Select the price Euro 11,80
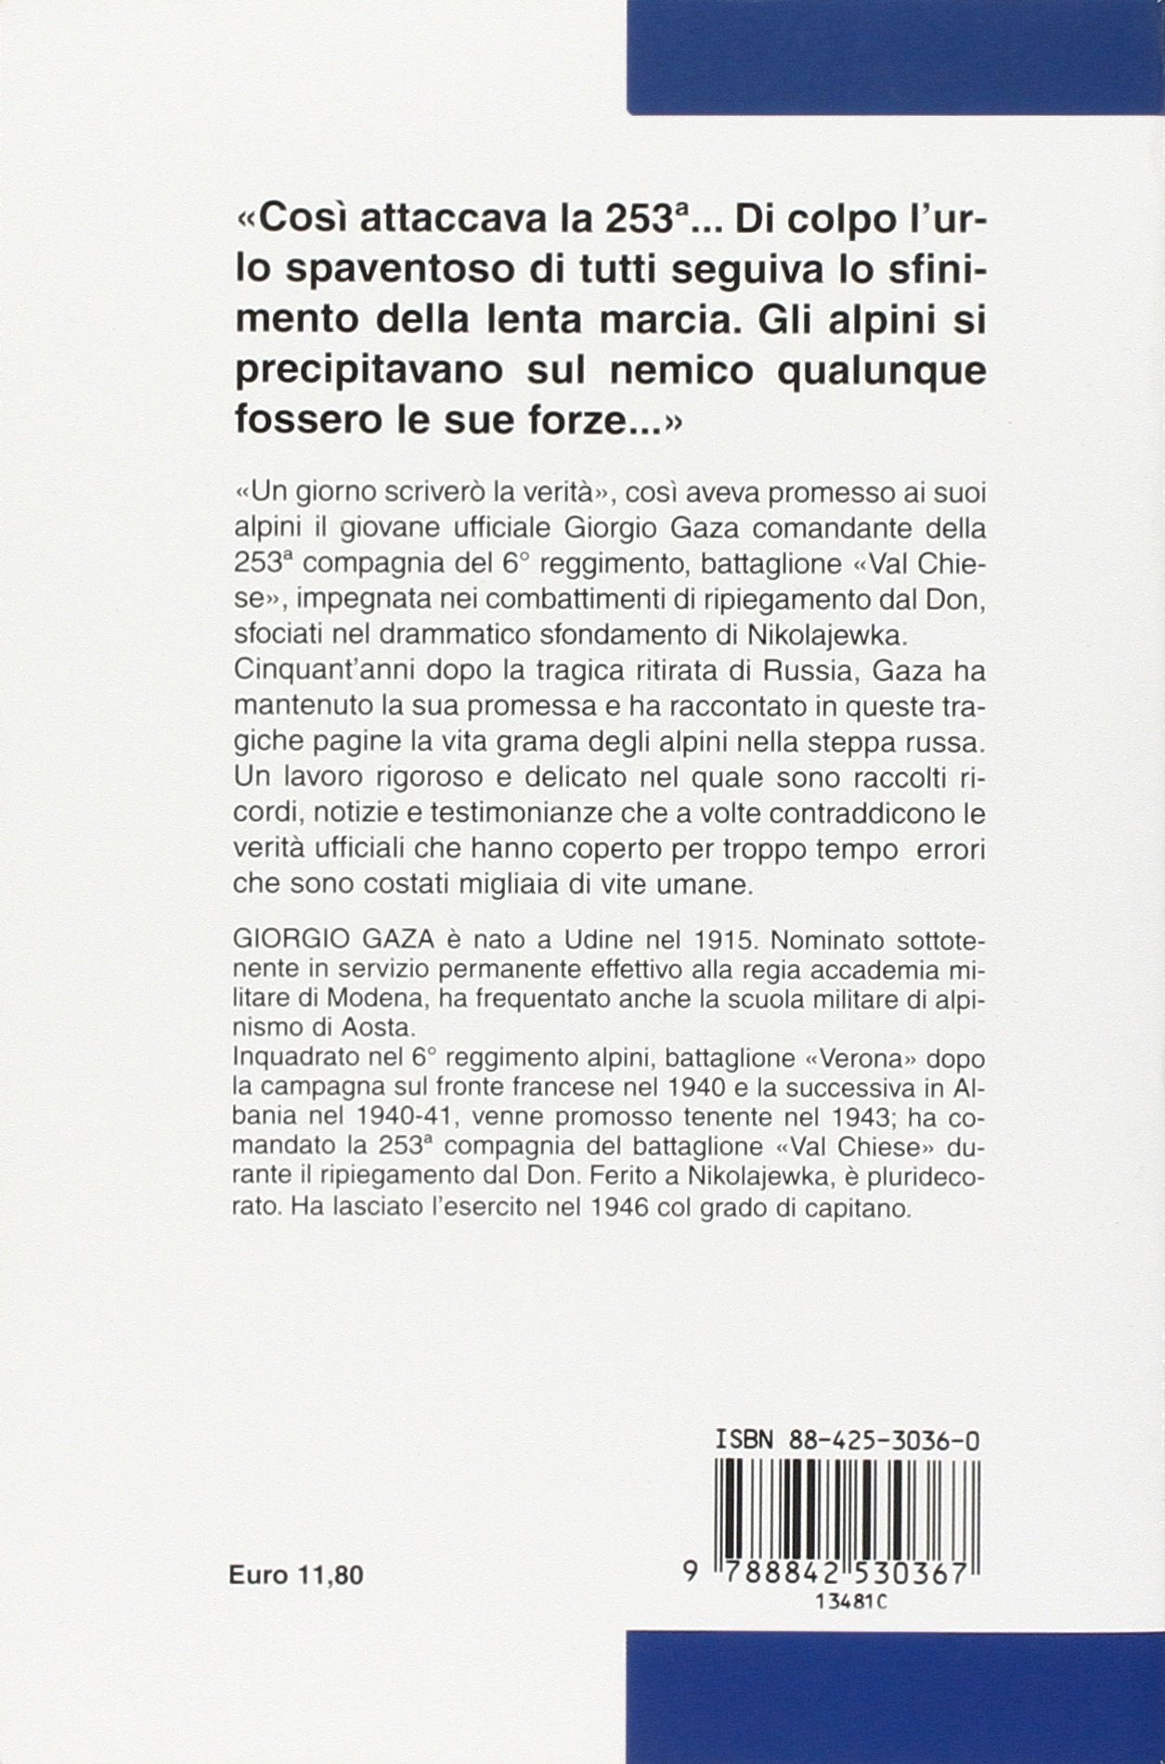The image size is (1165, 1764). point(296,1574)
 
